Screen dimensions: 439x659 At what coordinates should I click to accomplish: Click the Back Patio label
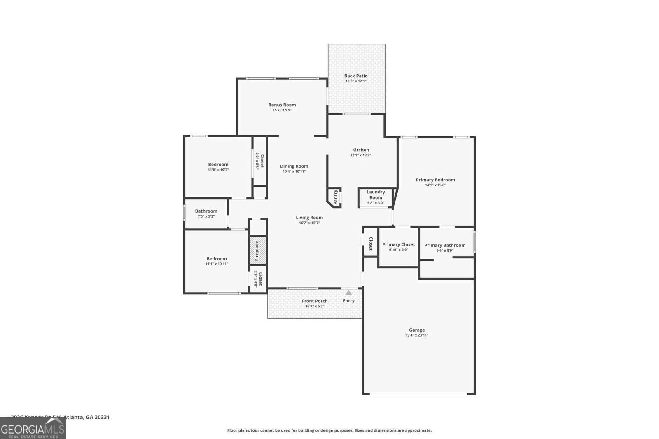(x=356, y=76)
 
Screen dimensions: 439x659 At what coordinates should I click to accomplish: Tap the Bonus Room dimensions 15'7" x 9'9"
(x=282, y=110)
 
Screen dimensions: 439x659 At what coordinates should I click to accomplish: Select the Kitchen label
(x=360, y=150)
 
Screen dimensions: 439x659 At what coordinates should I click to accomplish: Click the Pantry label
(x=336, y=197)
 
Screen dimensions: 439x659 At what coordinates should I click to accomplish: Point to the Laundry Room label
(x=376, y=195)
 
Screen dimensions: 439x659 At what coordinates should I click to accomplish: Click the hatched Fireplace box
(x=258, y=251)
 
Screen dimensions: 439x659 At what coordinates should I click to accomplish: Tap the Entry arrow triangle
(x=348, y=293)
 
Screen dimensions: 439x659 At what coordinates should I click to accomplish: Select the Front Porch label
(x=315, y=301)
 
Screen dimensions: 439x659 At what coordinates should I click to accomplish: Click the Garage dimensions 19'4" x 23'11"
(x=417, y=335)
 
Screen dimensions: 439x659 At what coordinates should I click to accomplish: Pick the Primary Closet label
(x=398, y=244)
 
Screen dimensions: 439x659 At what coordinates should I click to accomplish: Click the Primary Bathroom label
(x=445, y=245)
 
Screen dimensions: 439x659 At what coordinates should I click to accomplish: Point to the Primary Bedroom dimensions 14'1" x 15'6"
(x=435, y=185)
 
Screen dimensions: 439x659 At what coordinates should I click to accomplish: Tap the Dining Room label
(x=294, y=166)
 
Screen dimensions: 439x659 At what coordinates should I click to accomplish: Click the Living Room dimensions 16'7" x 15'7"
(x=309, y=223)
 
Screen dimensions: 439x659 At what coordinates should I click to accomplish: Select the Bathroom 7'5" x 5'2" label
(x=206, y=213)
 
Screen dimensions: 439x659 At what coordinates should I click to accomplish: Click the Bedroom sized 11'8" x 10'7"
(x=218, y=167)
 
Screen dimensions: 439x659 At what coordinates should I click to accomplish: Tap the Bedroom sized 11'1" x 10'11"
(x=217, y=261)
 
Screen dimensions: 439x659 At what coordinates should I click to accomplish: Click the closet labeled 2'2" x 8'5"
(x=259, y=161)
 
